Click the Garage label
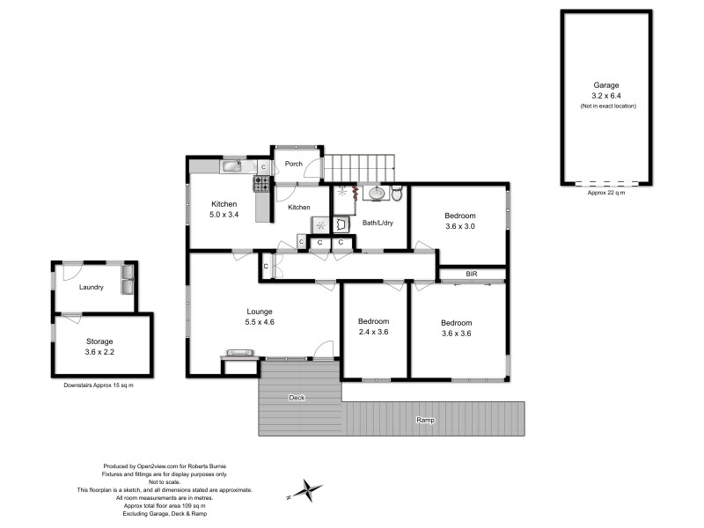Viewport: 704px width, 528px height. tap(606, 84)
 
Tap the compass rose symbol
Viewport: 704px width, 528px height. tap(305, 490)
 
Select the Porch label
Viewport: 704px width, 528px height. tap(294, 164)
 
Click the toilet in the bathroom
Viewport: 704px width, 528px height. tap(397, 193)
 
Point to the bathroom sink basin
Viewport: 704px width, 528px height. tap(377, 194)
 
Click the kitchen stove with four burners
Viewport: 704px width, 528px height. tap(261, 184)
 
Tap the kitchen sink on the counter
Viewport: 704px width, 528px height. tap(232, 166)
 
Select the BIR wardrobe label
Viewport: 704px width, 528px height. tap(472, 274)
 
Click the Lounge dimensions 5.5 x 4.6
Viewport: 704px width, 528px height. tap(260, 322)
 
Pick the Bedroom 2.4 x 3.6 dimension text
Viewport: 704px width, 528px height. tap(373, 332)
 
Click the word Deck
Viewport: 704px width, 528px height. tap(297, 398)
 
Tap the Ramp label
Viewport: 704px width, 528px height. tap(425, 420)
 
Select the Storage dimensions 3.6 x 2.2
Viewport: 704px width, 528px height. tap(99, 352)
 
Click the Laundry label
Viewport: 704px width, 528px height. tap(92, 287)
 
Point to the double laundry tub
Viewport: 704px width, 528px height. tap(128, 279)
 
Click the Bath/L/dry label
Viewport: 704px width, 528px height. tap(378, 223)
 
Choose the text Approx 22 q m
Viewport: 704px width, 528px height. tap(606, 193)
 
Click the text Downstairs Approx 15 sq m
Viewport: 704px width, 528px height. tap(99, 385)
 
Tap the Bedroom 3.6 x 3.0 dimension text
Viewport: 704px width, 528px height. tap(460, 226)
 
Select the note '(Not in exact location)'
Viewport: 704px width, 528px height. tap(608, 106)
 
